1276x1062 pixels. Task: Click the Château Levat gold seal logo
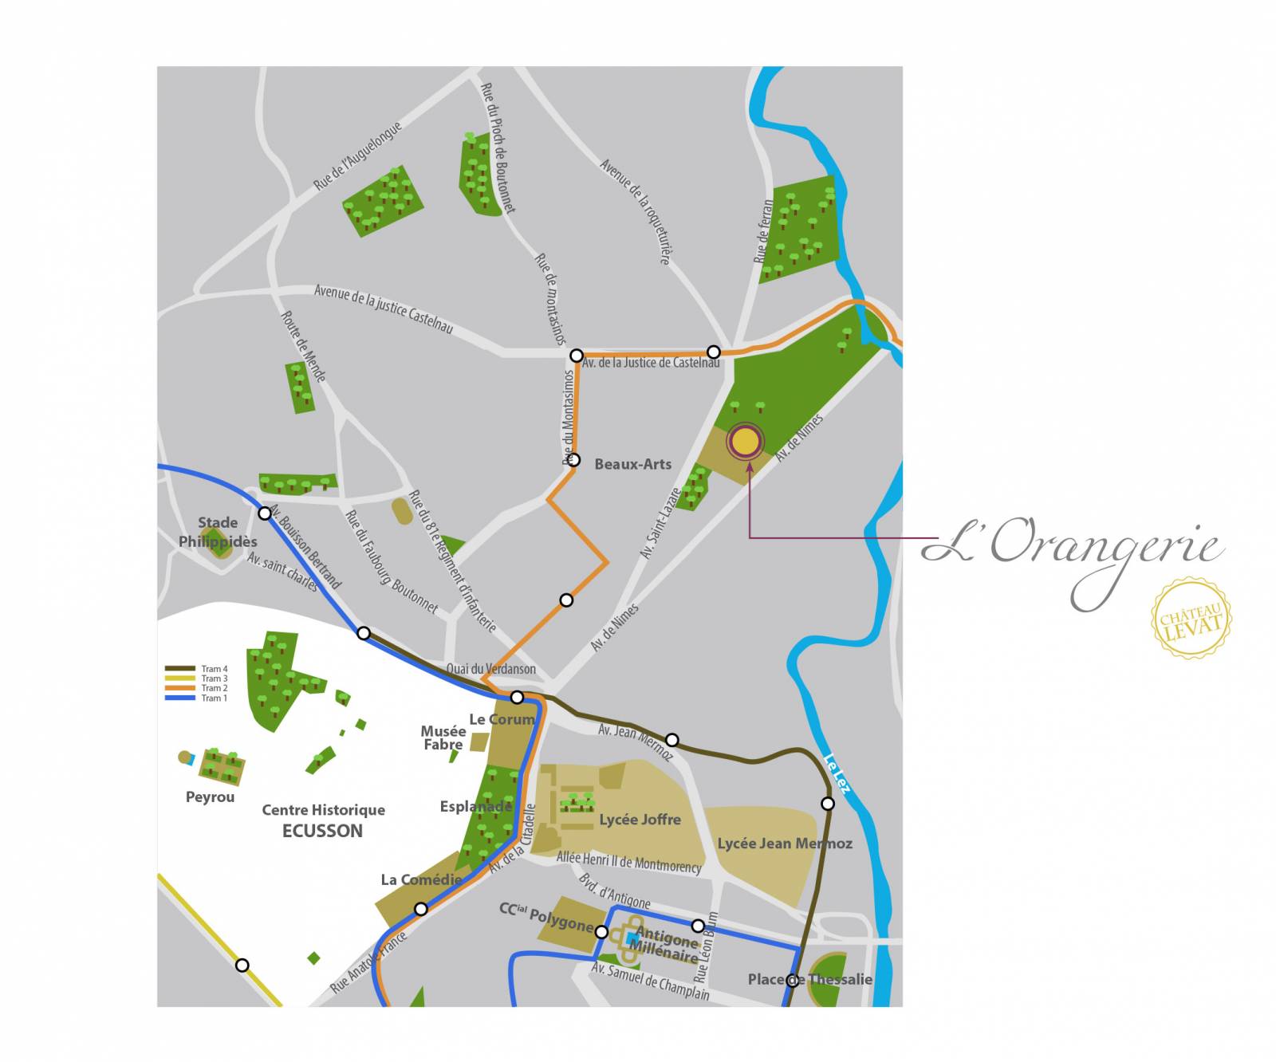(x=1191, y=619)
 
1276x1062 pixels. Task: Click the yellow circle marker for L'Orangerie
(x=745, y=441)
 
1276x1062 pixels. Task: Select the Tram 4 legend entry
(x=197, y=669)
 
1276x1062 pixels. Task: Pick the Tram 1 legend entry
(x=197, y=698)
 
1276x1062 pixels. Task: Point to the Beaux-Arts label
(x=632, y=464)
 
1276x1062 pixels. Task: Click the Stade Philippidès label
(x=218, y=532)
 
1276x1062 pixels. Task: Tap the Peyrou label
(x=210, y=796)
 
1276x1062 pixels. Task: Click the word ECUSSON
(x=322, y=831)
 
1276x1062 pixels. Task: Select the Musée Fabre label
(x=443, y=737)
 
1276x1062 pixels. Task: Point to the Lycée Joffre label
(x=640, y=820)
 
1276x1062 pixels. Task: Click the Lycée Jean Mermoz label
(x=784, y=844)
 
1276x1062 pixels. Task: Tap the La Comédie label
(x=421, y=879)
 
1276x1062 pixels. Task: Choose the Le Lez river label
(x=837, y=773)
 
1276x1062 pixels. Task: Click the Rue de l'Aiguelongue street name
(x=357, y=156)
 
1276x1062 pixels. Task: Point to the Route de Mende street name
(x=303, y=346)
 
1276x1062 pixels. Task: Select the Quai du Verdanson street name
(x=490, y=669)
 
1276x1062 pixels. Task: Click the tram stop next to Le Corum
(x=517, y=697)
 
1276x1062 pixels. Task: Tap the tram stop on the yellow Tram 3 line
(x=242, y=966)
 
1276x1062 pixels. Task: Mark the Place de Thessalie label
(x=809, y=979)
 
